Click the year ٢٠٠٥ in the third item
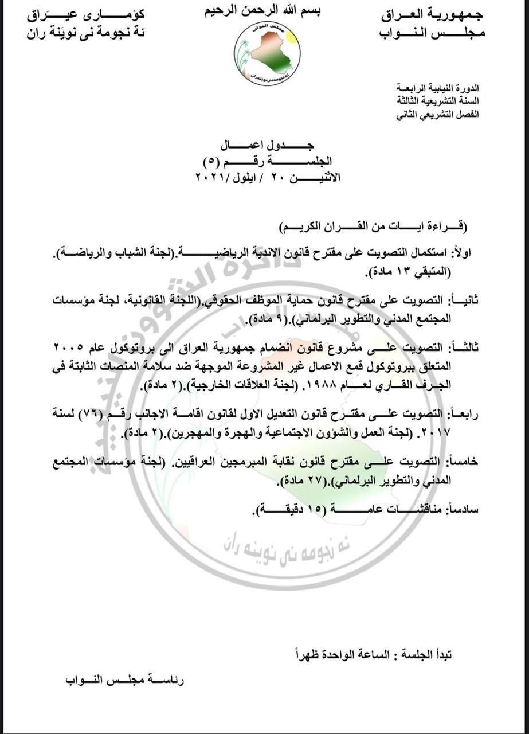[70, 347]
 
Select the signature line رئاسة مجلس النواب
[124, 681]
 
